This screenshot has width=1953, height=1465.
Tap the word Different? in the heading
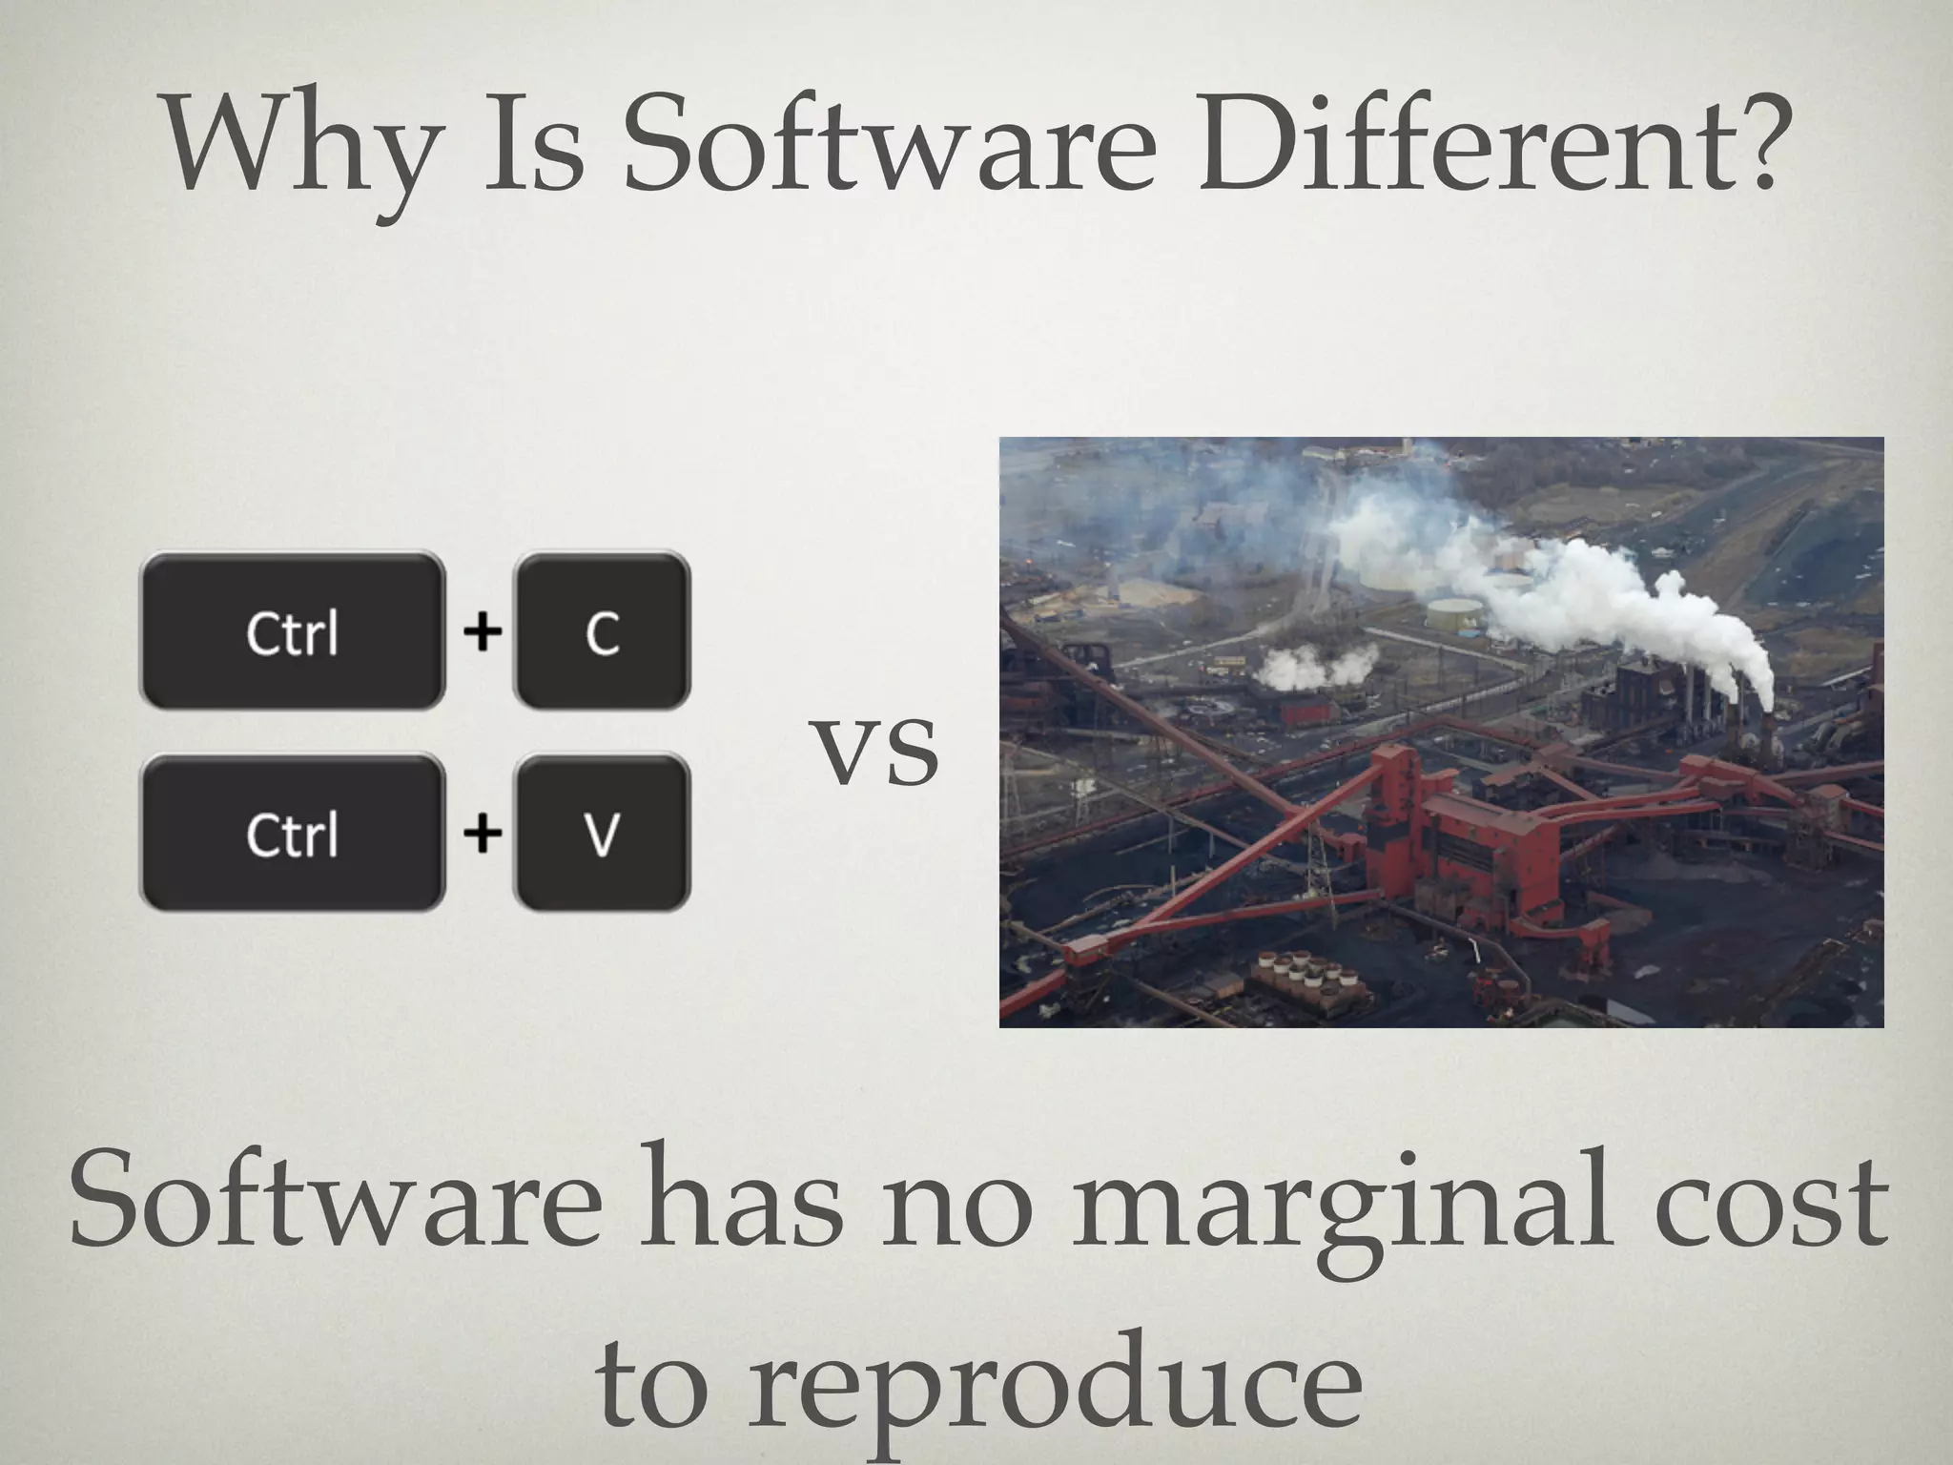pyautogui.click(x=1489, y=148)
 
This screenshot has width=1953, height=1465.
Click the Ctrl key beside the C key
pyautogui.click(x=293, y=631)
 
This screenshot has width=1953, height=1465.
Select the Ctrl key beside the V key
pyautogui.click(x=293, y=834)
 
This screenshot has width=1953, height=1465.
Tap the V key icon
pyautogui.click(x=602, y=834)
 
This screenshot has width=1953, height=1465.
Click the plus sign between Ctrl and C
pyautogui.click(x=483, y=631)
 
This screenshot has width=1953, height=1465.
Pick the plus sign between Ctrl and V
pyautogui.click(x=483, y=834)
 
